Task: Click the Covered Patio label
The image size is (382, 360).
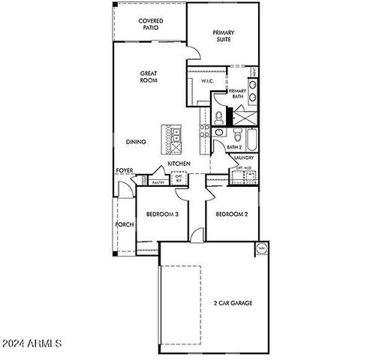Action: (151, 24)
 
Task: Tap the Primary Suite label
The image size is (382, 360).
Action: (224, 36)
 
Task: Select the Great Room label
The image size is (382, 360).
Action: (149, 76)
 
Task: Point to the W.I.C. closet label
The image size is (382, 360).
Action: (209, 82)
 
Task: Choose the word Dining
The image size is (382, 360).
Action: (136, 140)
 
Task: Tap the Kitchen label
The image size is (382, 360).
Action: (179, 163)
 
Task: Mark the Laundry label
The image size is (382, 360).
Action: (243, 158)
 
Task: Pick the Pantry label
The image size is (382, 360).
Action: (158, 182)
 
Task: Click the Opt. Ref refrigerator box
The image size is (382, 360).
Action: (179, 178)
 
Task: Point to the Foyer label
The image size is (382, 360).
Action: (125, 171)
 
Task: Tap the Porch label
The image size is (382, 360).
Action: (124, 224)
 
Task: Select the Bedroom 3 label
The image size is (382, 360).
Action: (162, 214)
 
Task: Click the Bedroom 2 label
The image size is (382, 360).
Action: (232, 214)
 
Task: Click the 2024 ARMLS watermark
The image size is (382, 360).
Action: (32, 344)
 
